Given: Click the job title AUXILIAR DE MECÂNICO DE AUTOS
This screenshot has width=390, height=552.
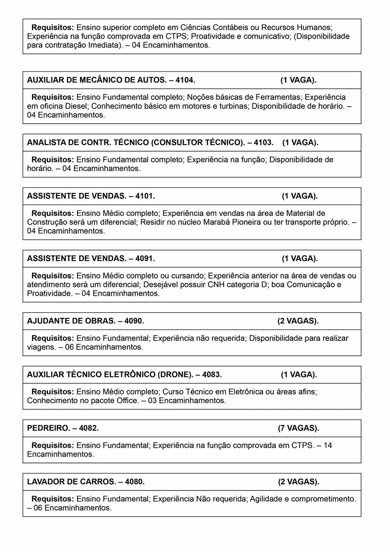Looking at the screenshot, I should click(96, 80).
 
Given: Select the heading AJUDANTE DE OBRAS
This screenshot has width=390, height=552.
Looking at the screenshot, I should click(70, 321).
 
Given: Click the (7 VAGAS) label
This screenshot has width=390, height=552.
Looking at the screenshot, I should click(298, 428).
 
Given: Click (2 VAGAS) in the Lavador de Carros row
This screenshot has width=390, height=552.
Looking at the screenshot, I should click(298, 481).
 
